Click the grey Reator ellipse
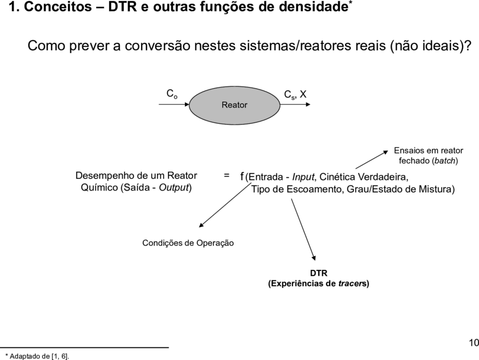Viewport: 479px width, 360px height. (235, 105)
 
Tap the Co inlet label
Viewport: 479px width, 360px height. (172, 94)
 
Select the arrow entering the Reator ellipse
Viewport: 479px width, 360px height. (174, 104)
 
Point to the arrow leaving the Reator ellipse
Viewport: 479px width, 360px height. (295, 104)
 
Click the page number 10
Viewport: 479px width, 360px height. (474, 343)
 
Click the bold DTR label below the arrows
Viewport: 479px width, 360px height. (319, 273)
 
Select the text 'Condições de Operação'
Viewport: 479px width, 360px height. (188, 243)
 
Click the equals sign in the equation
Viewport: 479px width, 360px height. (227, 176)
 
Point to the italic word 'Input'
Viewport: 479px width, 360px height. (303, 177)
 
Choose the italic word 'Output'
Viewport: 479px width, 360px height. (174, 187)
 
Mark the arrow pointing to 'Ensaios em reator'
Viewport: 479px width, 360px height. (372, 160)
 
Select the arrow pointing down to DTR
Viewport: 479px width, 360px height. (303, 229)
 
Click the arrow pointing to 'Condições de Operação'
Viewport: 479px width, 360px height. (225, 205)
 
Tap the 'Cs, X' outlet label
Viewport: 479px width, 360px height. (295, 94)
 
